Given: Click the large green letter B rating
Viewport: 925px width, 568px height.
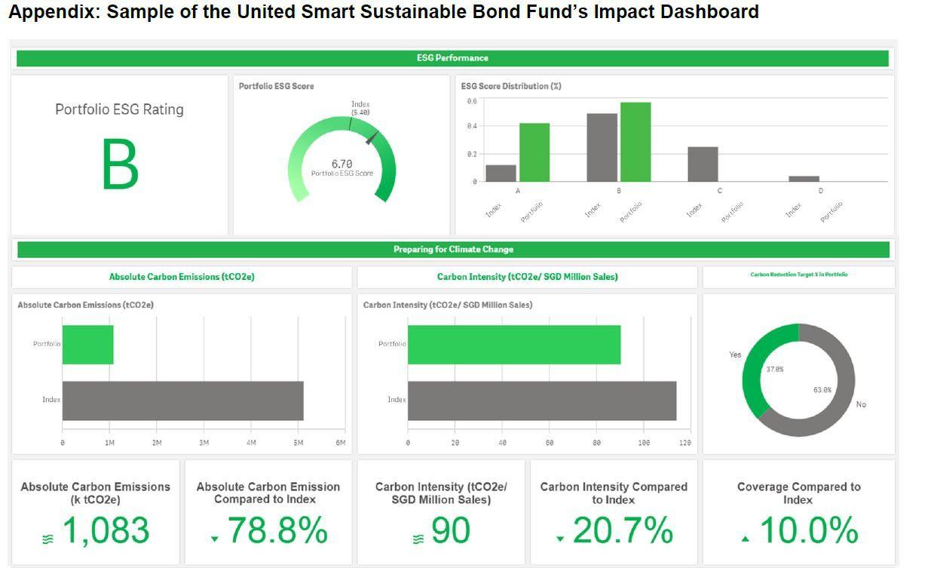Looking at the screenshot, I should [x=120, y=165].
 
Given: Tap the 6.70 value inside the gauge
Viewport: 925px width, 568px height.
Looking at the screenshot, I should [x=342, y=164].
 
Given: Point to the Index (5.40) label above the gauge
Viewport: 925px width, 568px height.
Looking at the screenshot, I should [x=360, y=108].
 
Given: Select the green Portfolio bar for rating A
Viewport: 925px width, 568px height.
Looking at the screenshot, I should [x=534, y=152].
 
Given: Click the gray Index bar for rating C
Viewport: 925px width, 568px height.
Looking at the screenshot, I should [x=703, y=164].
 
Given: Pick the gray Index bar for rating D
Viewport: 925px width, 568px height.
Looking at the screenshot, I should [x=804, y=179].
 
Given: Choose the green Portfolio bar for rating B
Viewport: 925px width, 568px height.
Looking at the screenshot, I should [x=636, y=142].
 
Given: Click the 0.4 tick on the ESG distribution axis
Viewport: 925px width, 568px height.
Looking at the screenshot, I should [x=471, y=126].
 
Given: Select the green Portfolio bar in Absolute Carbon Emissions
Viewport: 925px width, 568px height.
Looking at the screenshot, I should [x=87, y=345].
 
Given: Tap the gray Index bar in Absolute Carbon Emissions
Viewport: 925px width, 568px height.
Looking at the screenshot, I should [x=182, y=401].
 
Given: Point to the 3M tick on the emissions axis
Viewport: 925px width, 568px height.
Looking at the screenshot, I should [x=204, y=443].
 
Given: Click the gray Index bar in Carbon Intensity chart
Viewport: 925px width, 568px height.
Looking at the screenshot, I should [x=541, y=401].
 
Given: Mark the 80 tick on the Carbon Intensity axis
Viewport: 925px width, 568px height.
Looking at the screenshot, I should [x=596, y=443].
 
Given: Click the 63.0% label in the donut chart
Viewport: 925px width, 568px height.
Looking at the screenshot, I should [x=822, y=390].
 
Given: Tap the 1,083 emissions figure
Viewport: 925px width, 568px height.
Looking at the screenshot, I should [x=105, y=530].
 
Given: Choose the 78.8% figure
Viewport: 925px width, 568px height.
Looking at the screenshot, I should [x=277, y=530].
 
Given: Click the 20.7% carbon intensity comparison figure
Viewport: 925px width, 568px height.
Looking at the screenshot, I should [x=622, y=530].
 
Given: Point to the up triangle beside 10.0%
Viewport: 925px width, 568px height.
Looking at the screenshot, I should [x=746, y=539].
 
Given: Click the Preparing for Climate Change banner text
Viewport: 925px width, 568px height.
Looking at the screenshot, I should [x=453, y=250].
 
